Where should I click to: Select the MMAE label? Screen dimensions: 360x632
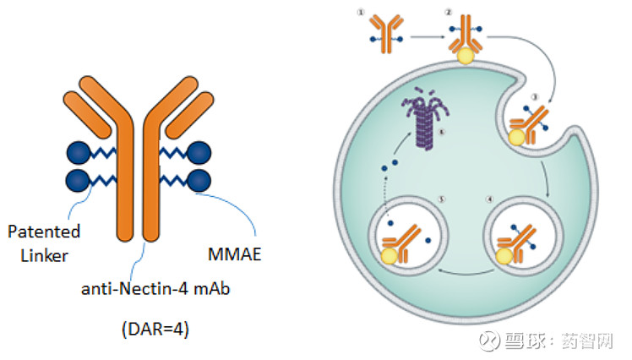point(231,253)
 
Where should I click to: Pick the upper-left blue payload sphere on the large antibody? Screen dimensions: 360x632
point(78,152)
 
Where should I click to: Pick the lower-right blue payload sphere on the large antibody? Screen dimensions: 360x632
point(199,179)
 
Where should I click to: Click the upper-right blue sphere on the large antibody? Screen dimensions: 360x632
point(199,152)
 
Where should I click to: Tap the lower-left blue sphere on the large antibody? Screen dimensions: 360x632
point(78,179)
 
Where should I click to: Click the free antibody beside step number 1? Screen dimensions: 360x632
point(385,31)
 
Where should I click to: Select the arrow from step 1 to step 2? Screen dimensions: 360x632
point(428,37)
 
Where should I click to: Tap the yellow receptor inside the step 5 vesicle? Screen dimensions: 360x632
point(390,256)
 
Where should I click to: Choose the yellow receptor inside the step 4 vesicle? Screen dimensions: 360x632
point(505,256)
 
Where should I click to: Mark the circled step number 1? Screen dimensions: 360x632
point(360,12)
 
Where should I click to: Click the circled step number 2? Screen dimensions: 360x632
point(448,12)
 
